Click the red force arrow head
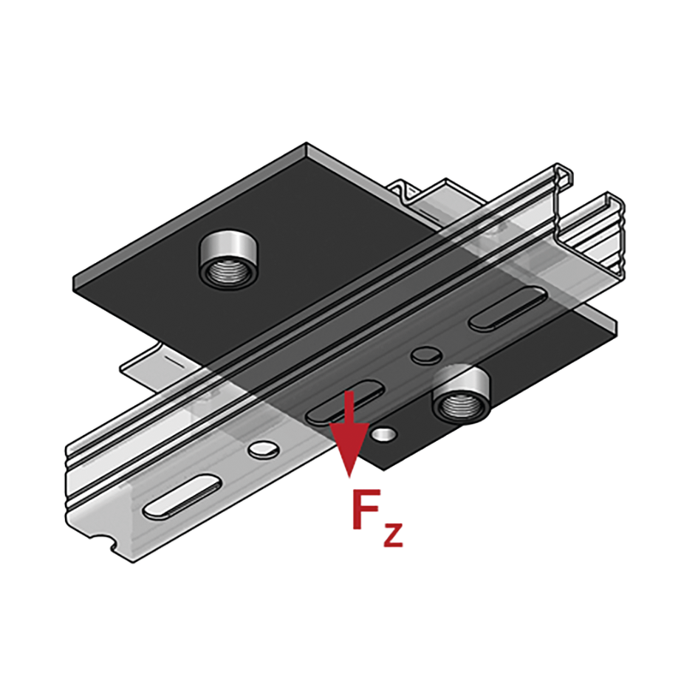[349, 448]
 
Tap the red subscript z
[393, 535]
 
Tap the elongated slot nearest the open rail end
[508, 308]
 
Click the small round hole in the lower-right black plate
[384, 434]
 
